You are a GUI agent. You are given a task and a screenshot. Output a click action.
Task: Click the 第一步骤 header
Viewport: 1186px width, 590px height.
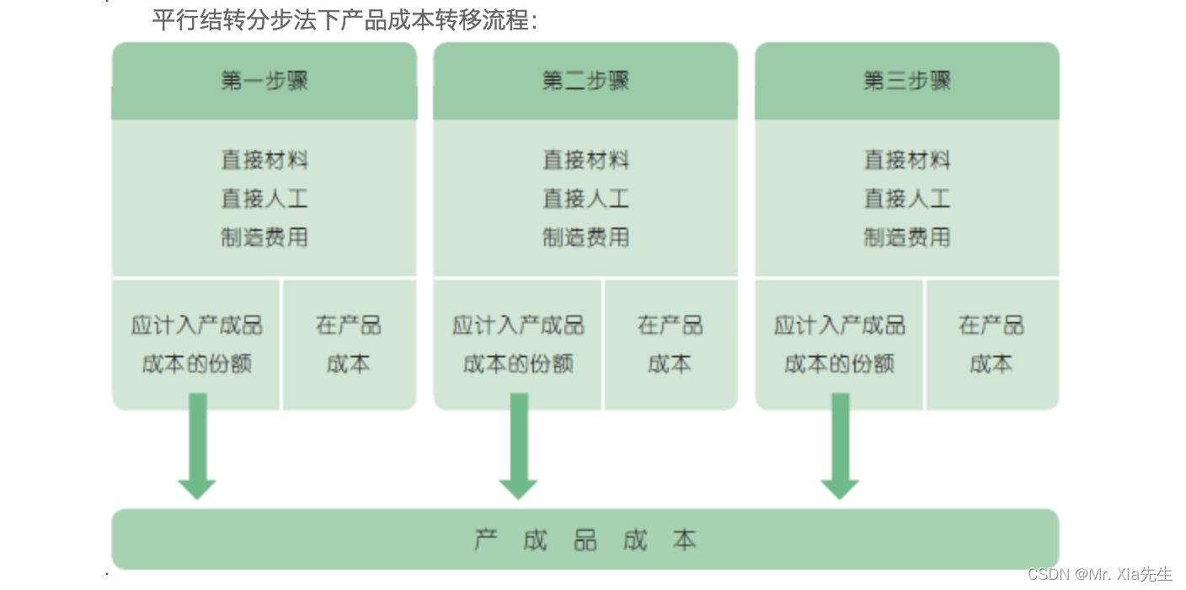click(x=264, y=81)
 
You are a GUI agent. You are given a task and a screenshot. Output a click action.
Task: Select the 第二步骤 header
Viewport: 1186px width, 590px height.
click(x=585, y=81)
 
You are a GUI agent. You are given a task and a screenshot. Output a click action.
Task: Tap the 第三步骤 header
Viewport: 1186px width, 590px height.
click(x=906, y=81)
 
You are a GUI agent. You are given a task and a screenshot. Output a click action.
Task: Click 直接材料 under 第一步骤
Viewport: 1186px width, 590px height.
click(x=264, y=159)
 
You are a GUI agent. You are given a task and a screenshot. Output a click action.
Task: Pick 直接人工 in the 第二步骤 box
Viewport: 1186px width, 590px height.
click(x=585, y=198)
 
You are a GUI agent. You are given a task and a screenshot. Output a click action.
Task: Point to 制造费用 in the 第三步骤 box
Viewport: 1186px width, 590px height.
click(x=906, y=237)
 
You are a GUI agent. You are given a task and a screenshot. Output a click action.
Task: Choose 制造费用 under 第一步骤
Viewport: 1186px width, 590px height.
click(x=264, y=237)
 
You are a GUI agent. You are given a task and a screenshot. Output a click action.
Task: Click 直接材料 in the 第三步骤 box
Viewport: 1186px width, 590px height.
click(x=906, y=159)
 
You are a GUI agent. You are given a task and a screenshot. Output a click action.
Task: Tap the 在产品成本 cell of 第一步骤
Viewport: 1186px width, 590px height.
click(x=349, y=344)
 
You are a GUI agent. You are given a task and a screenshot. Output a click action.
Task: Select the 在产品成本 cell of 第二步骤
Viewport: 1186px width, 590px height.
click(x=670, y=344)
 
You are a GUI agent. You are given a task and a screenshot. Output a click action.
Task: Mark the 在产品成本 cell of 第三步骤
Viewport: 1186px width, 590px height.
click(x=991, y=344)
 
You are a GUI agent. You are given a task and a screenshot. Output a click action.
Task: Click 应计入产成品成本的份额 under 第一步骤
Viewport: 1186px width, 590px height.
click(x=196, y=344)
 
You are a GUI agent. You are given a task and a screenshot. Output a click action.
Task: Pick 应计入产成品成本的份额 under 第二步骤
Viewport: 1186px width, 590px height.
click(x=517, y=344)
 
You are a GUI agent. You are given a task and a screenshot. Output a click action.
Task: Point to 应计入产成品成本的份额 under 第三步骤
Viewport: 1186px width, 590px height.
click(x=839, y=344)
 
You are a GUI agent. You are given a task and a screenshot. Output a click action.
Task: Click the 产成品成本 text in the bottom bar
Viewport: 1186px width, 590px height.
click(x=585, y=539)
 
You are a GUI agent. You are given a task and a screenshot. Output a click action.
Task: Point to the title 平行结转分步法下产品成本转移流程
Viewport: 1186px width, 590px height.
click(x=345, y=19)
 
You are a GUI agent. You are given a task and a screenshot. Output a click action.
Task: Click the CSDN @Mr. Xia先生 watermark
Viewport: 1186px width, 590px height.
click(x=1099, y=574)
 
